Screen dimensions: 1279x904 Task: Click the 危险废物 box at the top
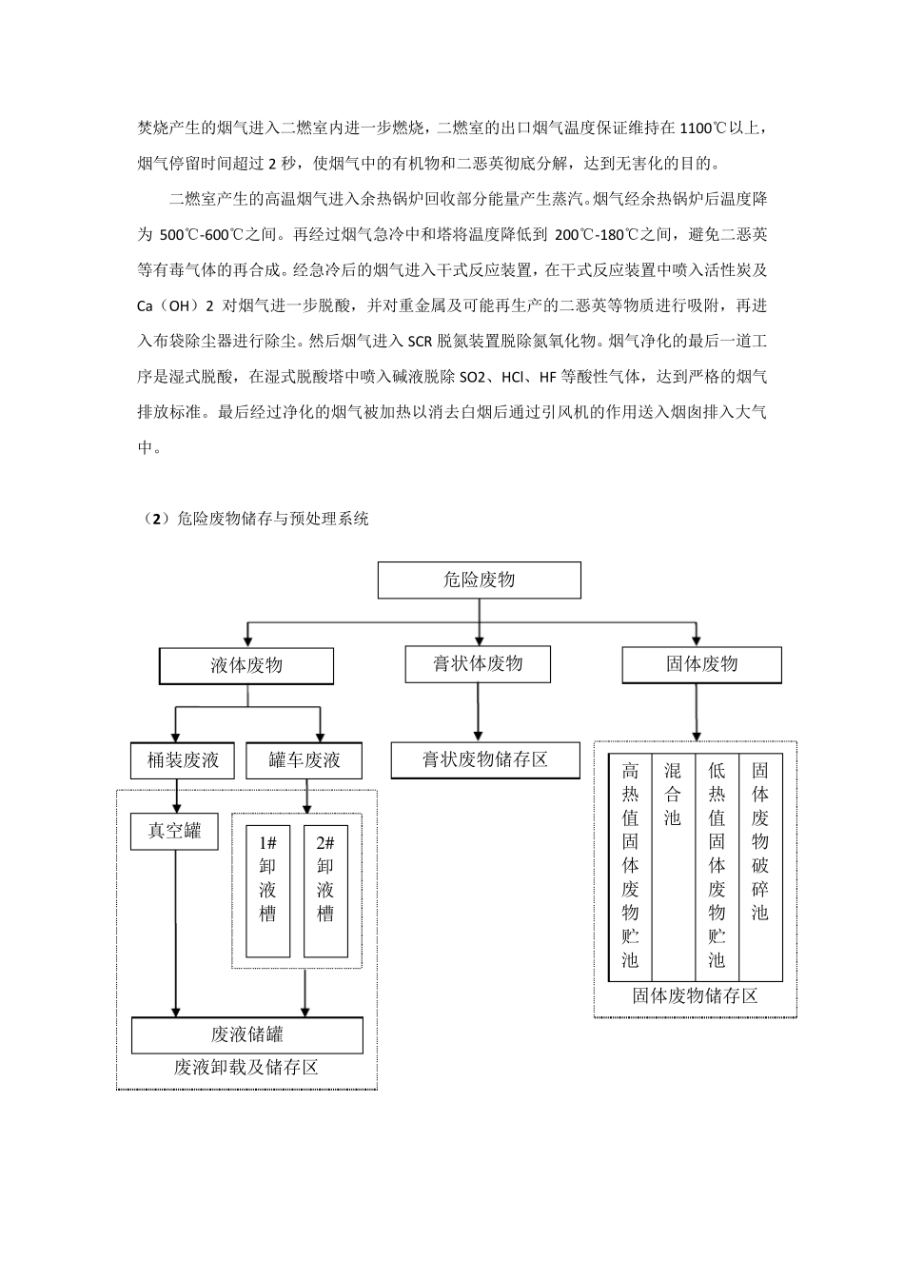[x=479, y=580]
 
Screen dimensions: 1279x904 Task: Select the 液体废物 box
[x=246, y=666]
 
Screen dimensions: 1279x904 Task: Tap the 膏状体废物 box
[x=478, y=663]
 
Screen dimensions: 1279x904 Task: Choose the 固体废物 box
[x=701, y=664]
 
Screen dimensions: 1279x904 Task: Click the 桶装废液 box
[x=184, y=760]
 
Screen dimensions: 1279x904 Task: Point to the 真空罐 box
[x=174, y=831]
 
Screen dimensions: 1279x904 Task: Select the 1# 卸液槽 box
[x=267, y=890]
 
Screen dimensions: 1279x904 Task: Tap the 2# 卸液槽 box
[x=325, y=890]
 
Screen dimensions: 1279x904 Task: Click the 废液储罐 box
[x=246, y=1034]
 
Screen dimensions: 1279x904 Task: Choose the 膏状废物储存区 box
[x=485, y=759]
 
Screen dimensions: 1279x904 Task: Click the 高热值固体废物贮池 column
[x=630, y=865]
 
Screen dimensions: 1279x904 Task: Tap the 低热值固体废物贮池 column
[x=717, y=865]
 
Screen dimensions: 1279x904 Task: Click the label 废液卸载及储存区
[x=246, y=1067]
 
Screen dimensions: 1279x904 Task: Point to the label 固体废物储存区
[x=695, y=996]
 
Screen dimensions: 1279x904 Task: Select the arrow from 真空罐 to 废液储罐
[x=175, y=933]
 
